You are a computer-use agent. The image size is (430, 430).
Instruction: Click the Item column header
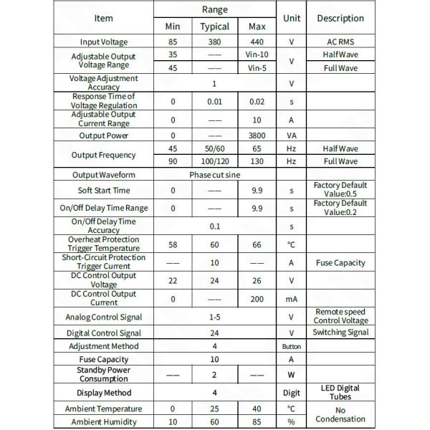pyautogui.click(x=103, y=19)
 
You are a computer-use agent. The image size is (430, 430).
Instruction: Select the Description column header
pyautogui.click(x=340, y=19)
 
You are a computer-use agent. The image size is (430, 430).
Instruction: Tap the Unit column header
pyautogui.click(x=292, y=19)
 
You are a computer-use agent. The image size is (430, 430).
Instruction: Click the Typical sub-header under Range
pyautogui.click(x=214, y=27)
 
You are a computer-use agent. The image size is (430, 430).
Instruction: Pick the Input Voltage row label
pyautogui.click(x=104, y=42)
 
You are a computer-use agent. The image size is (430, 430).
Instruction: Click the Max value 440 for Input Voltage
pyautogui.click(x=257, y=42)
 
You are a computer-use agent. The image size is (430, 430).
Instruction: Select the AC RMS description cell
pyautogui.click(x=340, y=42)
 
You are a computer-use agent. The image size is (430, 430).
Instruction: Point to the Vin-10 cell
pyautogui.click(x=257, y=55)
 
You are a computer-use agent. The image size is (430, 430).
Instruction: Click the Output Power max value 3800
pyautogui.click(x=257, y=135)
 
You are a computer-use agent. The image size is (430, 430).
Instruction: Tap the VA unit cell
pyautogui.click(x=292, y=135)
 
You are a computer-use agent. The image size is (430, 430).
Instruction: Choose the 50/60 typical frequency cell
pyautogui.click(x=214, y=148)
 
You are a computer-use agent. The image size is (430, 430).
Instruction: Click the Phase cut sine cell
pyautogui.click(x=214, y=175)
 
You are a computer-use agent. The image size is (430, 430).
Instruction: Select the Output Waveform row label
pyautogui.click(x=104, y=175)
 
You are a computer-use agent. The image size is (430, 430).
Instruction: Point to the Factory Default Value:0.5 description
pyautogui.click(x=340, y=190)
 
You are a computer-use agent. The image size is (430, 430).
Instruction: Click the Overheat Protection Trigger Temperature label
pyautogui.click(x=104, y=244)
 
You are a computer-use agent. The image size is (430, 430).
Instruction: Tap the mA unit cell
pyautogui.click(x=292, y=299)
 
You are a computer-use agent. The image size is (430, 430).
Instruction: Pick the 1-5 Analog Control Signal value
pyautogui.click(x=214, y=317)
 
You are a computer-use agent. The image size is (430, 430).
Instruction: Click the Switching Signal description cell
pyautogui.click(x=340, y=333)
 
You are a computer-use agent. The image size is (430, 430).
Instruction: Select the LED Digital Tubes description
pyautogui.click(x=340, y=393)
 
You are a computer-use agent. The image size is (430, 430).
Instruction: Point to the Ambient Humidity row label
pyautogui.click(x=104, y=422)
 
